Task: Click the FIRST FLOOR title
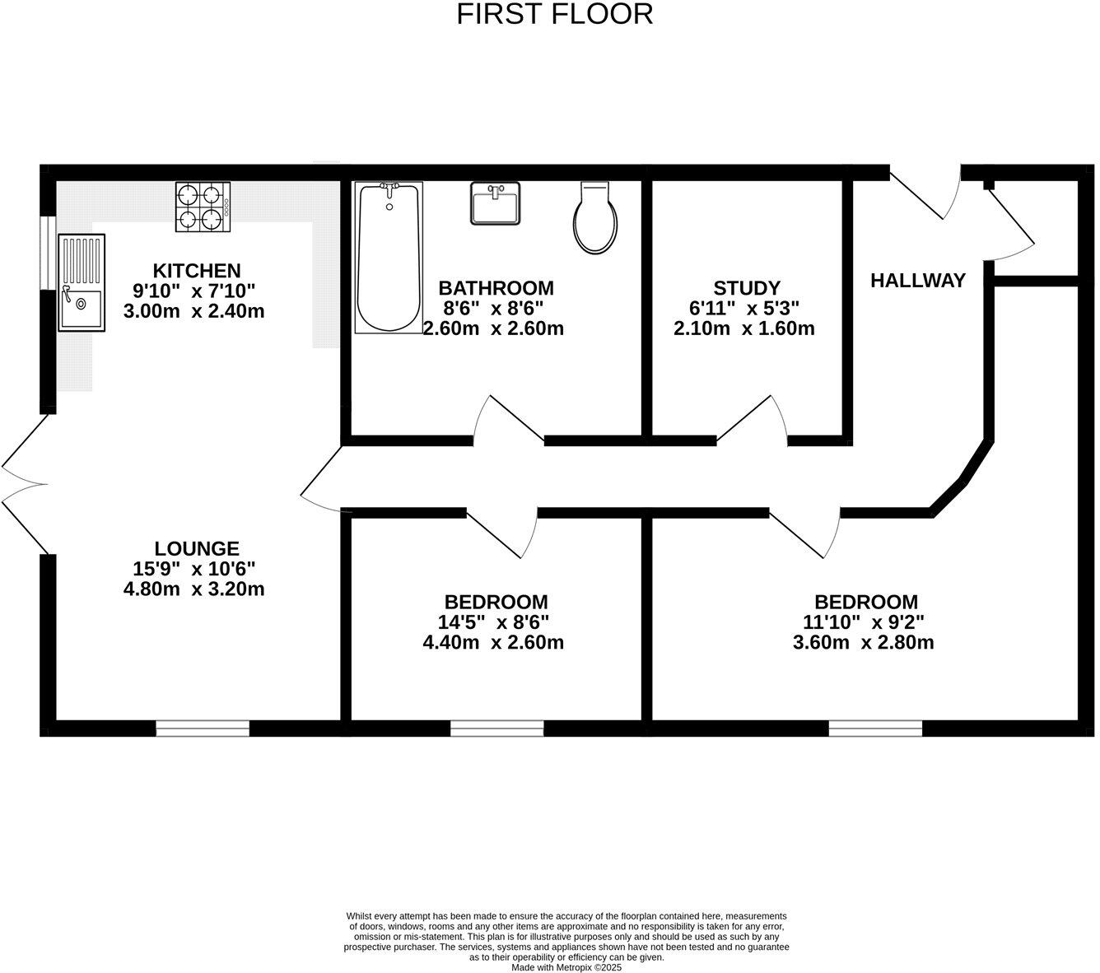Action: click(x=554, y=14)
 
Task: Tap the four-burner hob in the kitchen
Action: click(x=202, y=207)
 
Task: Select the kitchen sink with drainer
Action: click(x=81, y=283)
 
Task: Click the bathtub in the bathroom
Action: click(x=389, y=258)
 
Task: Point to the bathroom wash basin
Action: click(x=496, y=203)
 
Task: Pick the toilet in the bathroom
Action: click(x=595, y=218)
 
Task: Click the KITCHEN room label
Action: click(x=197, y=270)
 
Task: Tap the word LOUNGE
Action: click(x=197, y=548)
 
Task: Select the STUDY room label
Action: click(x=746, y=288)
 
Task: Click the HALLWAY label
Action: click(x=918, y=281)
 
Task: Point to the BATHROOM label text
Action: click(x=496, y=288)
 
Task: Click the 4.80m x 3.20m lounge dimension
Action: click(x=193, y=589)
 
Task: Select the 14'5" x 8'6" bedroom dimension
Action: click(x=494, y=622)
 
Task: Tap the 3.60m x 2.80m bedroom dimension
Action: click(x=863, y=643)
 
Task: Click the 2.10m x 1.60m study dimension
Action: click(x=744, y=329)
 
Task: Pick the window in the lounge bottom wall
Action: click(x=203, y=729)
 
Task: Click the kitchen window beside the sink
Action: click(x=49, y=253)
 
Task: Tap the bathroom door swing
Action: click(x=506, y=420)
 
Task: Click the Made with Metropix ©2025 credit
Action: click(x=566, y=968)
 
